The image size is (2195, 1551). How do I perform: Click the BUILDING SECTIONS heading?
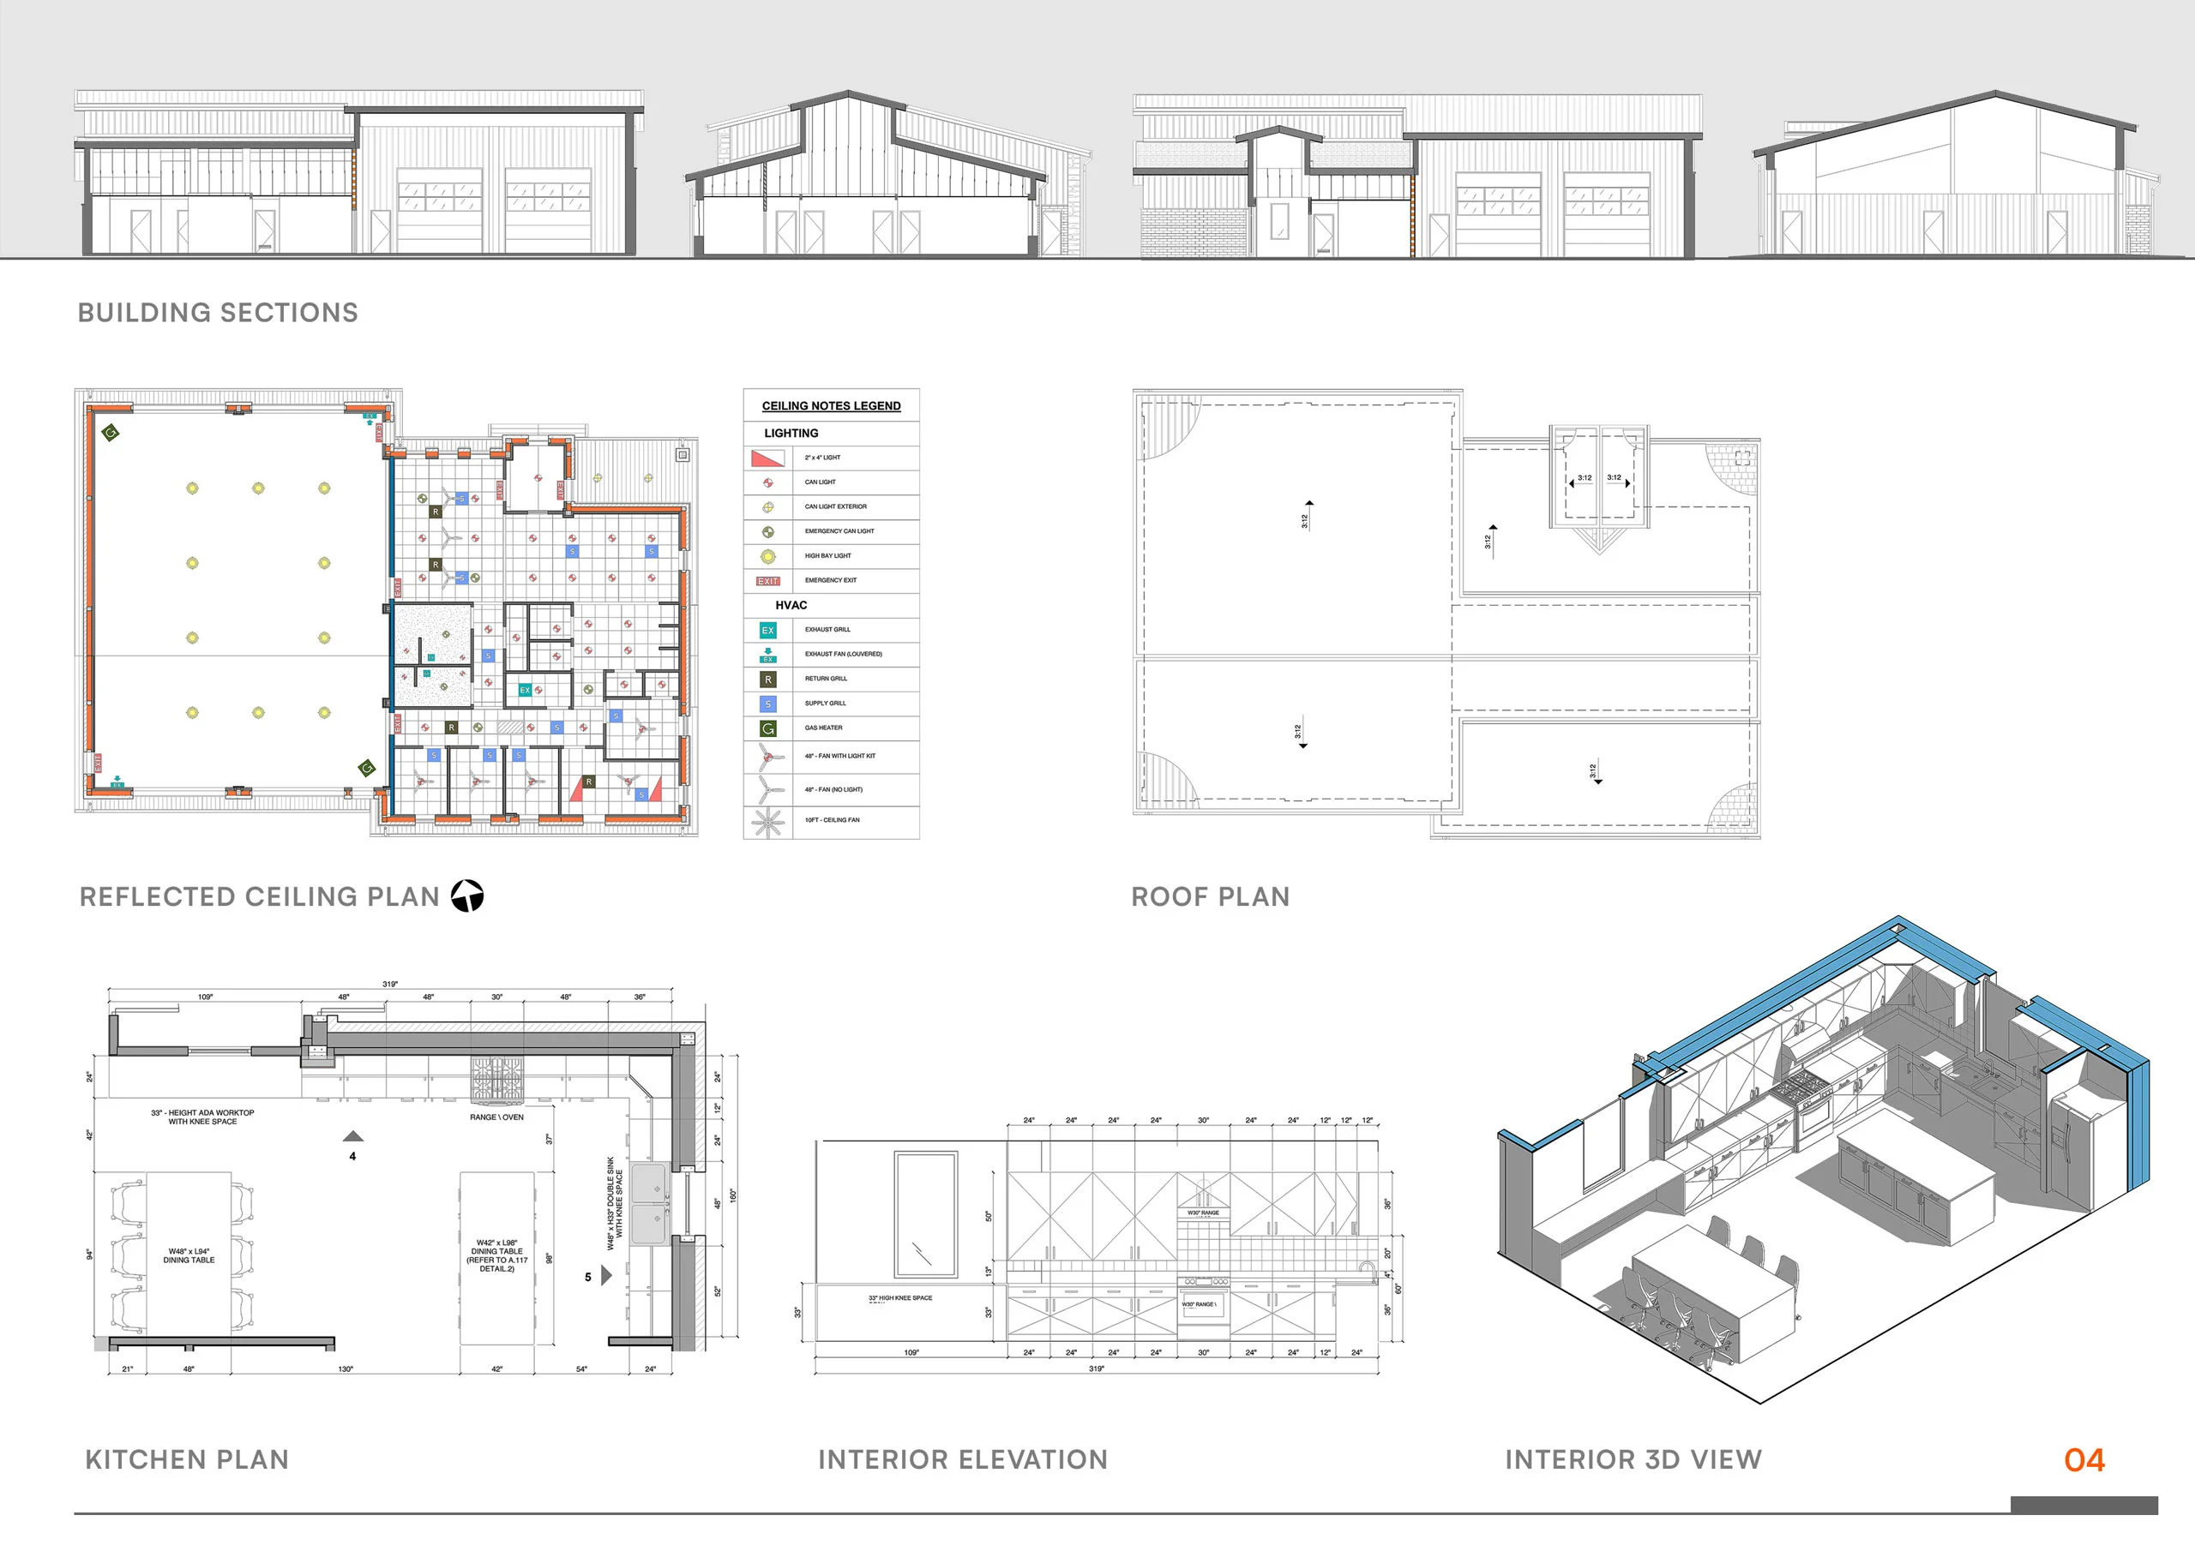coord(218,313)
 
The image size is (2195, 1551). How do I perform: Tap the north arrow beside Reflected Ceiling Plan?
coord(467,895)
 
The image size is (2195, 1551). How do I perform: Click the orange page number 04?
coord(2084,1459)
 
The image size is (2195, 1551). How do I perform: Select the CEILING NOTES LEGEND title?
coord(831,405)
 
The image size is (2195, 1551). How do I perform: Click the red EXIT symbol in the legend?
coord(767,581)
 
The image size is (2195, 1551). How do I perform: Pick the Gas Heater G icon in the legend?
coord(767,728)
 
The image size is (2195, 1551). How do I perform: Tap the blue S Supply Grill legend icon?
coord(767,704)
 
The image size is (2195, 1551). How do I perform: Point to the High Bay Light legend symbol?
coord(767,556)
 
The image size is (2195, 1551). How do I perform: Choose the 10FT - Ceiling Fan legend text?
coord(832,820)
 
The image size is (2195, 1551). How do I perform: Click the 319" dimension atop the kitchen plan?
coord(390,984)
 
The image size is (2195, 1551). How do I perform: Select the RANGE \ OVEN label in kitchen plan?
coord(496,1117)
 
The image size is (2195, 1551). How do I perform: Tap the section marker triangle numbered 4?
coord(352,1137)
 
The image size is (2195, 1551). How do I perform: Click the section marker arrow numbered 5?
coord(606,1276)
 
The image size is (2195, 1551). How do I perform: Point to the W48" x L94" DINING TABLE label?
coord(189,1255)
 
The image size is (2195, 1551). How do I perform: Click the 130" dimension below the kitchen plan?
coord(346,1369)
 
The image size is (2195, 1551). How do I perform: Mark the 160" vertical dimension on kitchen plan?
coord(733,1195)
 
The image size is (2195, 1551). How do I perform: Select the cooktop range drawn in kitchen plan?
coord(497,1078)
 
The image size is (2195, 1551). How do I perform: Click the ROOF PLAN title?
coord(1211,896)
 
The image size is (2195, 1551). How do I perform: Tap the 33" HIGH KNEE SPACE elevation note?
coord(899,1297)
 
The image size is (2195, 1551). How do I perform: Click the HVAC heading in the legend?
coord(791,605)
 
